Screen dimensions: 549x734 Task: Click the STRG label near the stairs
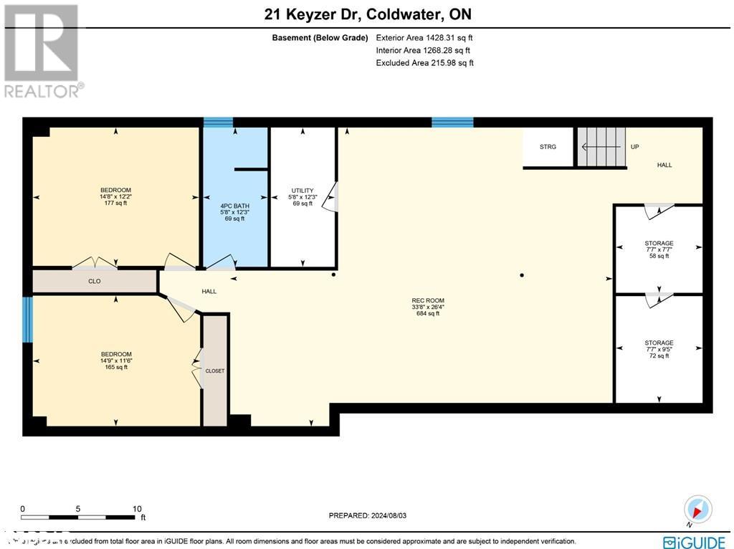coord(548,147)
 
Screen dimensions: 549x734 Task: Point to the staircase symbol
coord(601,147)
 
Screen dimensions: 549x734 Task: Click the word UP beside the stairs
coord(634,147)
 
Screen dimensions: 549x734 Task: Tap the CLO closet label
coord(94,282)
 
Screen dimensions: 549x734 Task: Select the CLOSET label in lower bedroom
coord(215,371)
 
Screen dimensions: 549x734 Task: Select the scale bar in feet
coord(79,516)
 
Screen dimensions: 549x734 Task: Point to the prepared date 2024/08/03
coord(372,515)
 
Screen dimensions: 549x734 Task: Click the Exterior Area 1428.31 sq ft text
coord(424,37)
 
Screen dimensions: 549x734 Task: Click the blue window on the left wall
coord(28,320)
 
